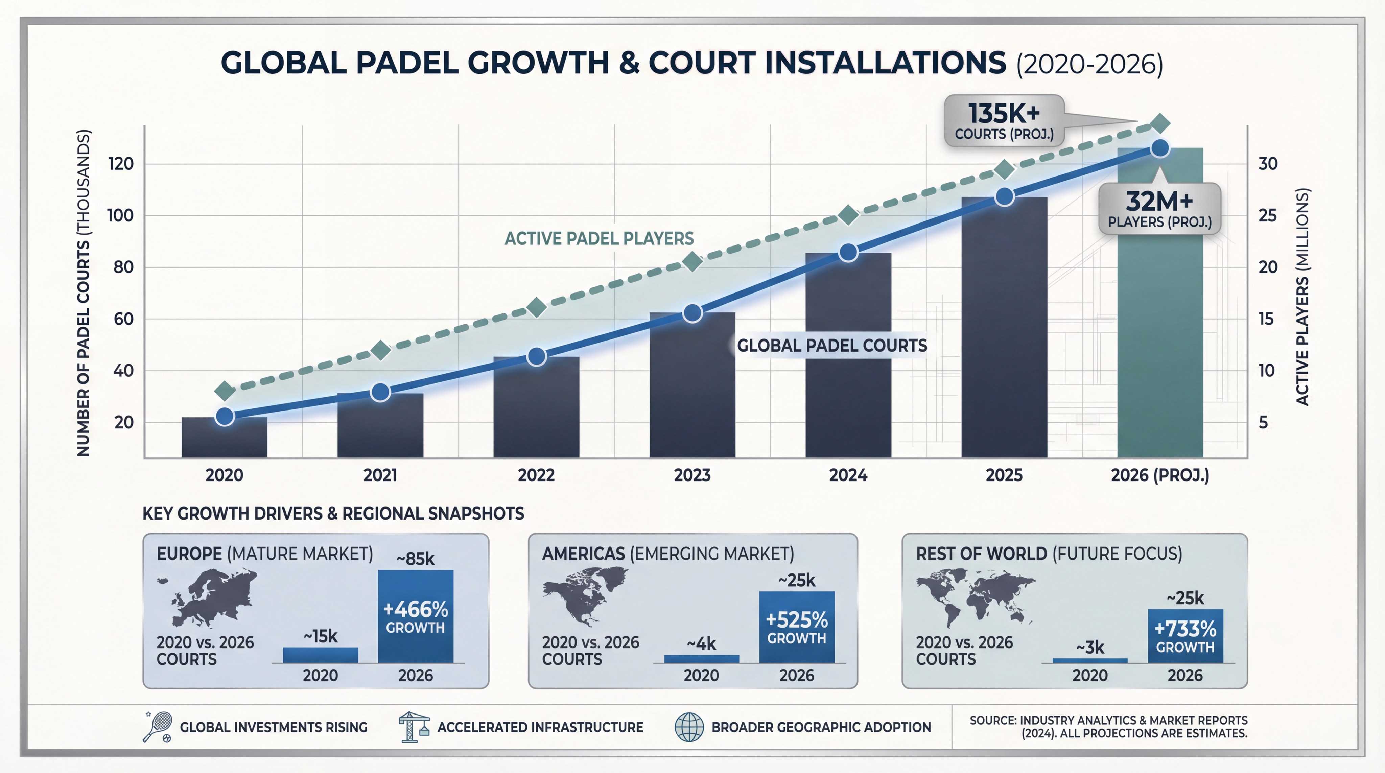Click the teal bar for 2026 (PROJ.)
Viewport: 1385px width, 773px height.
coord(1160,323)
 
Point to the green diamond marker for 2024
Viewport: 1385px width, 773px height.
coord(848,215)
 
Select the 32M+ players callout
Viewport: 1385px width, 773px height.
coord(1159,209)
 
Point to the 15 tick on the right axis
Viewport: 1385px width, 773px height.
coord(1266,319)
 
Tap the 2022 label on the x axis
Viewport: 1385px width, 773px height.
coord(536,475)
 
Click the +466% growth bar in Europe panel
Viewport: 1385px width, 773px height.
coord(415,616)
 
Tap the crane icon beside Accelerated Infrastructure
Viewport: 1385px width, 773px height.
coord(414,727)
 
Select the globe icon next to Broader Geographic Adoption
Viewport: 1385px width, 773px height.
coord(689,727)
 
